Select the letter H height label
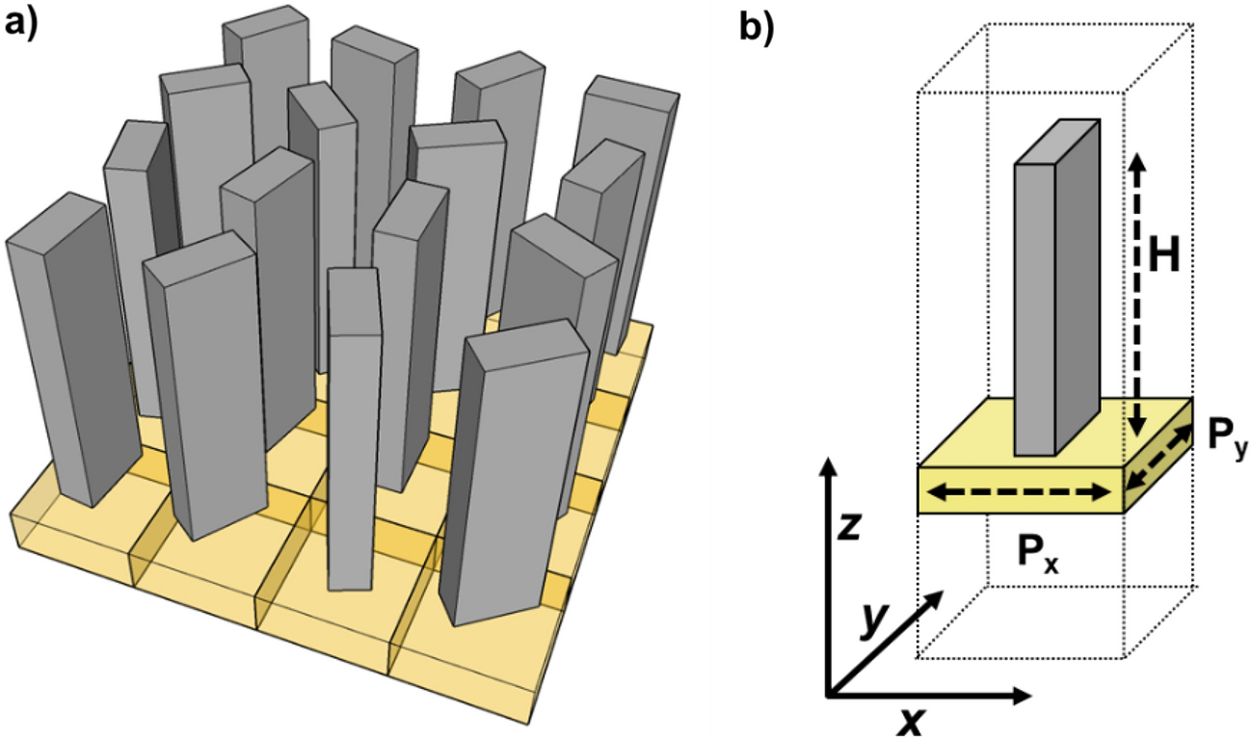(1165, 258)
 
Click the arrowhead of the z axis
(828, 467)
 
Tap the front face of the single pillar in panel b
(1035, 308)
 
